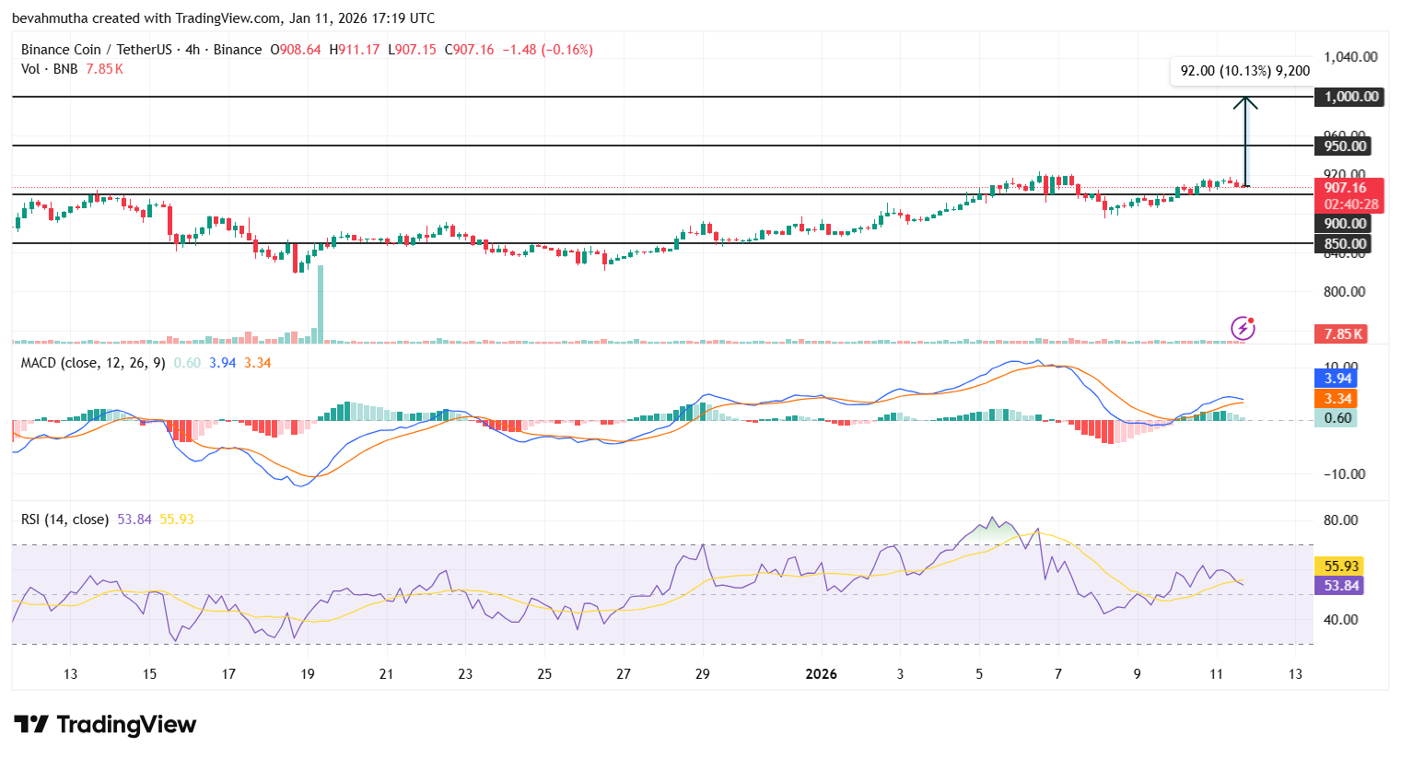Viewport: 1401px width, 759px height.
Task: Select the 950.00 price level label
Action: click(x=1346, y=146)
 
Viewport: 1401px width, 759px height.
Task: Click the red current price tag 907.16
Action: click(x=1346, y=188)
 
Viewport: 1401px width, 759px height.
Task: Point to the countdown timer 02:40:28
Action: click(x=1350, y=204)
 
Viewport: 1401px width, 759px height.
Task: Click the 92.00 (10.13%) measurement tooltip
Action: click(x=1244, y=71)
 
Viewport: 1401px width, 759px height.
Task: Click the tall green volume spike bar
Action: click(x=321, y=304)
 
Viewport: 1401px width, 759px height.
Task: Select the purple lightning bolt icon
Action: click(x=1243, y=328)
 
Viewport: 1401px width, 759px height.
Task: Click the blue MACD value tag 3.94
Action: click(x=1337, y=379)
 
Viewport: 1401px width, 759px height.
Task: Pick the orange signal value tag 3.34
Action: click(x=1337, y=399)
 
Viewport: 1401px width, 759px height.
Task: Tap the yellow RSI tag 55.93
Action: click(x=1341, y=566)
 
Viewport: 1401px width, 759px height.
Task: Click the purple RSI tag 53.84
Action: click(x=1341, y=586)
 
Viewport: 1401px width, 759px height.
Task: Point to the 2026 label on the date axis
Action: click(x=821, y=674)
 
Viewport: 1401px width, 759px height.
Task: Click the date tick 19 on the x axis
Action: click(x=308, y=674)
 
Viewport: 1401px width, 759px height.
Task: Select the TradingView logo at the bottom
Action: click(x=105, y=725)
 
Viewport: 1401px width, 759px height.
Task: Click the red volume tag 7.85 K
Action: click(x=1343, y=334)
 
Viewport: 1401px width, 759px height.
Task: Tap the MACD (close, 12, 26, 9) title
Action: click(x=93, y=363)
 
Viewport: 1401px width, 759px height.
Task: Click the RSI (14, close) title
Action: click(x=64, y=520)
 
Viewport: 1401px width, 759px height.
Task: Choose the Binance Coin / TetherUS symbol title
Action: click(x=99, y=50)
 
